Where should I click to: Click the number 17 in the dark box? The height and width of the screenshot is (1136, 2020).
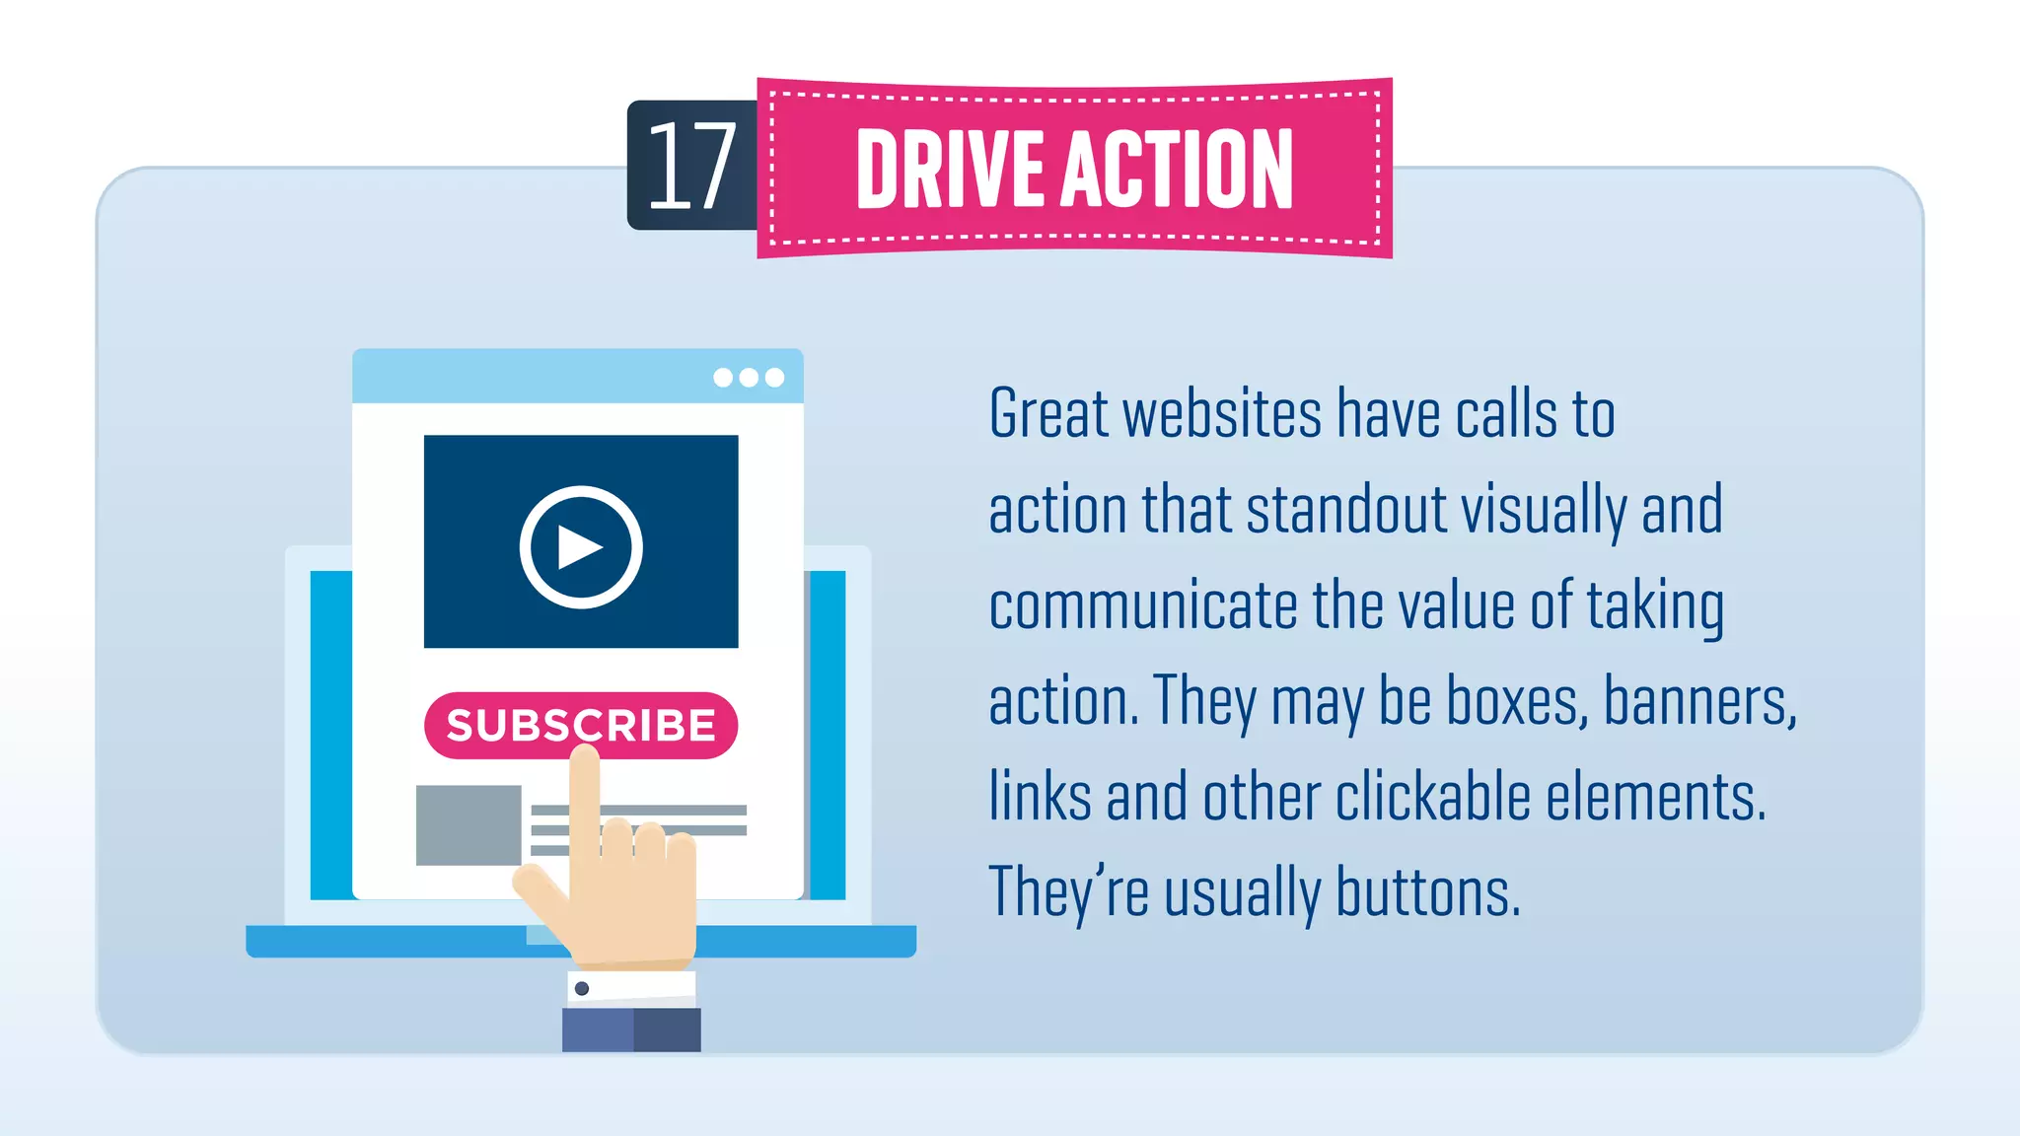[x=691, y=166]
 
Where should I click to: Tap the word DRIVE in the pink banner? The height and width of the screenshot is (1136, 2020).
[x=950, y=170]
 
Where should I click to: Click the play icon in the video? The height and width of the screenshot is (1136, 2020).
[x=581, y=546]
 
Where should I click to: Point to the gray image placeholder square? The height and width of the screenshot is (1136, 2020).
[x=468, y=824]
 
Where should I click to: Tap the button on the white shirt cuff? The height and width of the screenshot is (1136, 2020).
[x=582, y=988]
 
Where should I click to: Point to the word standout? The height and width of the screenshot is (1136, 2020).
[x=1346, y=510]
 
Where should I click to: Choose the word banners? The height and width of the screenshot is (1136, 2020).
[x=1699, y=701]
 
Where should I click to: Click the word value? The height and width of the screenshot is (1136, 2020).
[x=1457, y=605]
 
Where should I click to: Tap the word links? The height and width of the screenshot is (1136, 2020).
[x=1040, y=797]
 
